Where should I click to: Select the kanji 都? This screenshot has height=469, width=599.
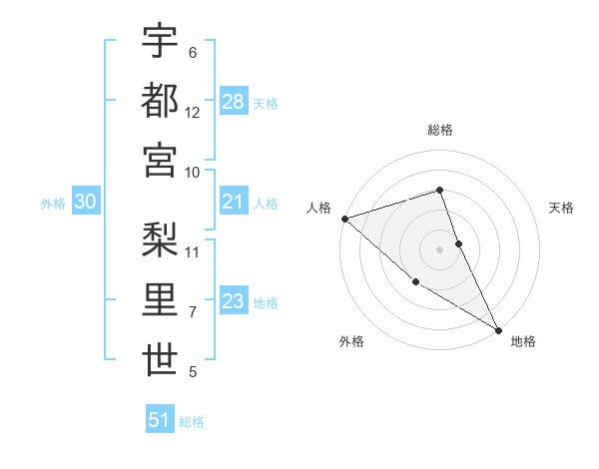160,100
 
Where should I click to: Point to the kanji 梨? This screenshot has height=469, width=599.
160,239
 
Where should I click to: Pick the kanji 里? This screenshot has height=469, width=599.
160,300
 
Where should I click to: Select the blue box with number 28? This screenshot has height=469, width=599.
234,101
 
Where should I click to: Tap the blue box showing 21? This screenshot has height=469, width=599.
234,202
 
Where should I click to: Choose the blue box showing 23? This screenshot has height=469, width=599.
234,301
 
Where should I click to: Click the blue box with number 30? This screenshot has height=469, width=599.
86,202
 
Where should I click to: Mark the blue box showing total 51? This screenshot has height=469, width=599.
160,420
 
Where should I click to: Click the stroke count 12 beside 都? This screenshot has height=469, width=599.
193,112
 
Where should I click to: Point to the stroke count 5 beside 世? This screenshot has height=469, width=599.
193,372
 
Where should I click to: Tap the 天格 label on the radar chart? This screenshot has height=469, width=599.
562,208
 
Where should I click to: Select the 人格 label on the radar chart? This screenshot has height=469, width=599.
318,208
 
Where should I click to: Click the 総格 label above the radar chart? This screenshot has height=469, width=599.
440,130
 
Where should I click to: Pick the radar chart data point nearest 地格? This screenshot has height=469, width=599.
498,328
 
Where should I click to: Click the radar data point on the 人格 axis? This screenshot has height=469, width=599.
344,218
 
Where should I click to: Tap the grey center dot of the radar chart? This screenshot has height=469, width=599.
440,248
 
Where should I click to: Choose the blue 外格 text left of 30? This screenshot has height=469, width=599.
53,203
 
